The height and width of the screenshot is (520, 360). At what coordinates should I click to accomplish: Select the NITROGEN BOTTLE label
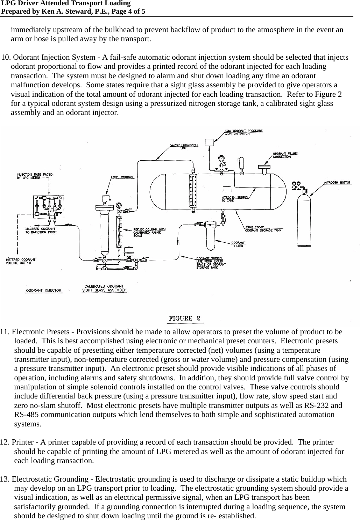click(x=337, y=183)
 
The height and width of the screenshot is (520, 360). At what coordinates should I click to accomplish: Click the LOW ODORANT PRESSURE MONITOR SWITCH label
click(x=243, y=132)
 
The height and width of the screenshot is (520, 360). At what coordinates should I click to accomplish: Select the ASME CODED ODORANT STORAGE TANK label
click(x=263, y=229)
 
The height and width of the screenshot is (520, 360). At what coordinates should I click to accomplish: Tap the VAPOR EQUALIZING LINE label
click(x=184, y=146)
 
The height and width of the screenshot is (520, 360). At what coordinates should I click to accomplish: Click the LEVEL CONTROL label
click(x=122, y=177)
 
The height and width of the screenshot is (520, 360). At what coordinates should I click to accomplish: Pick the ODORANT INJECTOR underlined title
click(x=44, y=290)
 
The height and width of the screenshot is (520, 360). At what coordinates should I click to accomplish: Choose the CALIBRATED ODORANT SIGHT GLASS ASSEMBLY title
click(x=104, y=288)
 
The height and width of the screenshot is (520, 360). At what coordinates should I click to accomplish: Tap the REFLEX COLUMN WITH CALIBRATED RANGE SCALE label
click(x=149, y=232)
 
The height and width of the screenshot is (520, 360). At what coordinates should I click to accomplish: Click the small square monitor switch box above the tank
click(x=209, y=142)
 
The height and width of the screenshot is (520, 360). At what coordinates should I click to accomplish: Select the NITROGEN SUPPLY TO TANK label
click(x=234, y=199)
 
